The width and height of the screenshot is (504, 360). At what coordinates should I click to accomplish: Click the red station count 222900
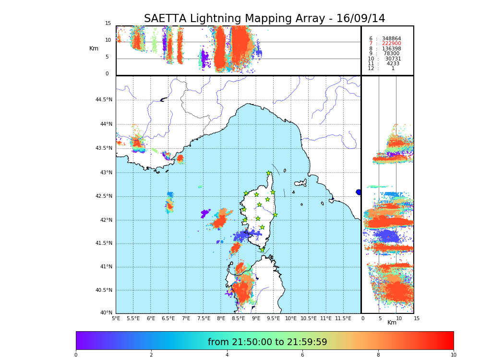tap(391, 44)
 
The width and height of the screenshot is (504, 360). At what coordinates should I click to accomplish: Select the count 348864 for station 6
tap(391, 38)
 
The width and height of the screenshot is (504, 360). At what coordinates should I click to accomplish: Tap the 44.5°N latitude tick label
tap(104, 100)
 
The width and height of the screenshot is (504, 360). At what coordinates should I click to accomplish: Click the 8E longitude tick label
tap(221, 318)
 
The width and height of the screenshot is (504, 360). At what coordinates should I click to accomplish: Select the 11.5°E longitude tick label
tap(343, 318)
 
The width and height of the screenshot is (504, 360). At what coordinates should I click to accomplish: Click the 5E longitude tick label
tap(116, 318)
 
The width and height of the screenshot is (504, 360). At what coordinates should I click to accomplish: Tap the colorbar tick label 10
tap(453, 355)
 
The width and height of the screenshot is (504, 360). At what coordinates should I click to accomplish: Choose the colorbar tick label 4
tap(227, 355)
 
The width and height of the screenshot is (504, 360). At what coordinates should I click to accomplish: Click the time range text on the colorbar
tap(267, 342)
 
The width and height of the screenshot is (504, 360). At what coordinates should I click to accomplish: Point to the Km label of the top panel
tap(94, 48)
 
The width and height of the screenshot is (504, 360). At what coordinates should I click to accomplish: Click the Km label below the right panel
tap(392, 323)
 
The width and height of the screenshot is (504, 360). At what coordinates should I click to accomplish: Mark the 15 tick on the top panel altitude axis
tap(108, 24)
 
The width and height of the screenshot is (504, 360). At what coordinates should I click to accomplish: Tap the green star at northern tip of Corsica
tap(269, 173)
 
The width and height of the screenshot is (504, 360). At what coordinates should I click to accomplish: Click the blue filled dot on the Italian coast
tap(359, 192)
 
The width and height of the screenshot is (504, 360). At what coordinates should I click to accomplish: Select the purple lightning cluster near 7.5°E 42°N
tap(205, 212)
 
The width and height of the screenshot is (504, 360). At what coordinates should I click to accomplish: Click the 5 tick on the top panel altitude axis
tap(107, 57)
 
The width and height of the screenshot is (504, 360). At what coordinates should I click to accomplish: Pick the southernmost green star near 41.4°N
tap(262, 250)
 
